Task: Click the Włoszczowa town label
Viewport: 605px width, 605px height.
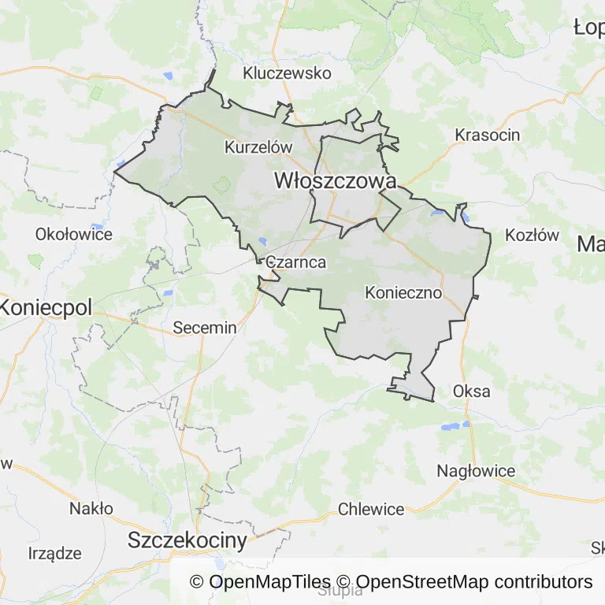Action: [x=334, y=180]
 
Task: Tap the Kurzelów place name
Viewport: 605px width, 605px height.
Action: [x=258, y=147]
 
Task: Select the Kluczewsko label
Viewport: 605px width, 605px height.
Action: [x=287, y=73]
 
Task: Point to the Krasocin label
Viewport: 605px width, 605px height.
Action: [x=487, y=135]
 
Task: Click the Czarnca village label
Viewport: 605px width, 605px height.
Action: [x=296, y=262]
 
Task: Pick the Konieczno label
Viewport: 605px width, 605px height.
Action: [x=403, y=292]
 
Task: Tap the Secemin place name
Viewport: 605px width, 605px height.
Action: [x=204, y=328]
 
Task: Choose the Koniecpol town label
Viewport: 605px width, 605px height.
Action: [x=46, y=307]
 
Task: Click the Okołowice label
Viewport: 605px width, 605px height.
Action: [x=74, y=234]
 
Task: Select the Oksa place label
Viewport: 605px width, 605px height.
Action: [x=471, y=391]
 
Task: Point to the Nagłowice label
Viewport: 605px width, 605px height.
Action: [x=476, y=471]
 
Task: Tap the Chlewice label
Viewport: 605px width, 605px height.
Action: [x=371, y=509]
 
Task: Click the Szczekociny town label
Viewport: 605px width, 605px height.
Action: [x=187, y=540]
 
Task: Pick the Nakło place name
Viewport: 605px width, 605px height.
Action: [x=91, y=508]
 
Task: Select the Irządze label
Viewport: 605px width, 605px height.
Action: [x=54, y=553]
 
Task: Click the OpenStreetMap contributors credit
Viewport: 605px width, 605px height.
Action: [x=474, y=582]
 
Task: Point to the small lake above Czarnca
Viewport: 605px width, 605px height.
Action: [x=262, y=242]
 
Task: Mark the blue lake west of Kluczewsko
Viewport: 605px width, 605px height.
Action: [x=167, y=76]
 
